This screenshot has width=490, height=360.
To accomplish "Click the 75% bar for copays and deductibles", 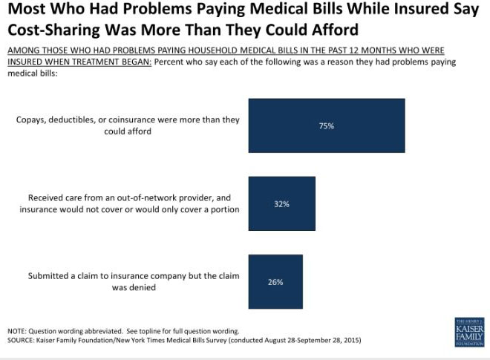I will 327,125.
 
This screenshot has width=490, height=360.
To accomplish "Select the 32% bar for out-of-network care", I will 281,203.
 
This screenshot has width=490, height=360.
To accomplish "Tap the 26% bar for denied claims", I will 275,282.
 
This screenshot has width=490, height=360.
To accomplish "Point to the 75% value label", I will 327,126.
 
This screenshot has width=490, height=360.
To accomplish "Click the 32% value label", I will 281,204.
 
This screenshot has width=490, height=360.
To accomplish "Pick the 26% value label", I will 275,283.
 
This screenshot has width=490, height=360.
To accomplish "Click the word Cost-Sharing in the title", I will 51,30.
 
